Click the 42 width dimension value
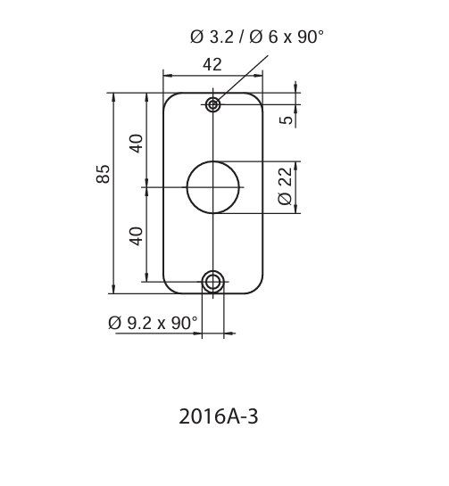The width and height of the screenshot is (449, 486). coord(212,65)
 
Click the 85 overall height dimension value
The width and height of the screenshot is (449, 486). coord(103,174)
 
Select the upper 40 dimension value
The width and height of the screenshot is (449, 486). coord(136,144)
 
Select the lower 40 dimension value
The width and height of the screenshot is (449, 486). coord(136,236)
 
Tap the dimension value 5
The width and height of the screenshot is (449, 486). coord(287,119)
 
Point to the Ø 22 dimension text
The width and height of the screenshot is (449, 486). coord(285,186)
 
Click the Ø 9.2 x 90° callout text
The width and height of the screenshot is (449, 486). coord(153,323)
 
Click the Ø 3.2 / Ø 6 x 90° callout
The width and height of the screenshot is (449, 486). coord(257,37)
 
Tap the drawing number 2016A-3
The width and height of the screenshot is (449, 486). coord(219,416)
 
